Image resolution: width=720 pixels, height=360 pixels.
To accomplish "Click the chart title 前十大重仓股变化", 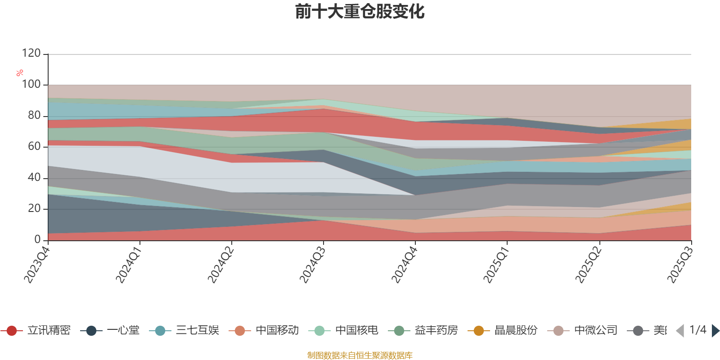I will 360,12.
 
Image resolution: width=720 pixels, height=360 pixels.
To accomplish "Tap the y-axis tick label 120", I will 31,53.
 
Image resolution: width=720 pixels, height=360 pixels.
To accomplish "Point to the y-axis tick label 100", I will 31,84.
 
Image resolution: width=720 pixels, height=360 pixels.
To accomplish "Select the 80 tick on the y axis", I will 34,115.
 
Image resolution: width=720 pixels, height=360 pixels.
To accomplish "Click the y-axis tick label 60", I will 34,146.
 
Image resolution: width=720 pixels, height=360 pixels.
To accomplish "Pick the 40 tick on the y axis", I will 34,177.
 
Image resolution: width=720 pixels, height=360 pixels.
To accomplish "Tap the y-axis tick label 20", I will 34,208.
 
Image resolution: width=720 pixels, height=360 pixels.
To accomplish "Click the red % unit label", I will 20,73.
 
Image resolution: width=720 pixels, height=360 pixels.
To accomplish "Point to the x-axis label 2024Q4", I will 404,262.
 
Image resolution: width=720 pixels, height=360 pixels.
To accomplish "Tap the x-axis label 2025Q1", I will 495,262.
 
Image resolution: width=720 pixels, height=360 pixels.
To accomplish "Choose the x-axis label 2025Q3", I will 679,262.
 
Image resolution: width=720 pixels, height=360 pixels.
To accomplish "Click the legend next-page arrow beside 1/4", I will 715,331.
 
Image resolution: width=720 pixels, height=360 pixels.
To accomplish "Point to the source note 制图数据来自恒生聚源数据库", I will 360,355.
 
